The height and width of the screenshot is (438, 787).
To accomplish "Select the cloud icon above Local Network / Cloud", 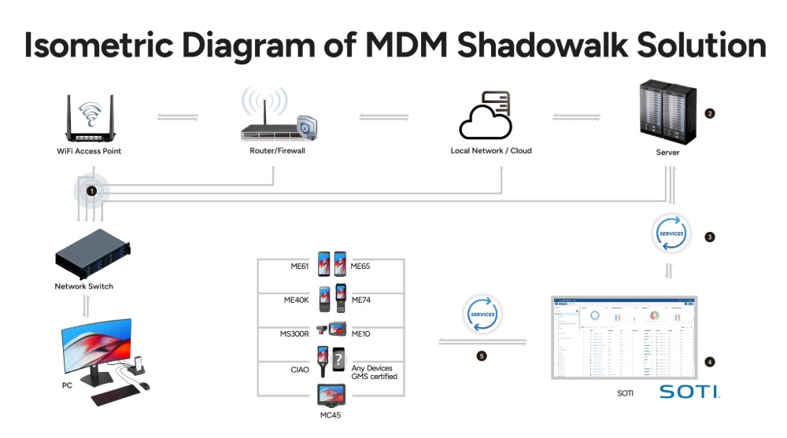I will coord(486,116).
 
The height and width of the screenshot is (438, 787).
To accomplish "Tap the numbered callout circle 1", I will coord(92,191).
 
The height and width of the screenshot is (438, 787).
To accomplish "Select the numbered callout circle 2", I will coord(710,113).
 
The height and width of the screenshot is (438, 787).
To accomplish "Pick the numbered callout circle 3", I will coord(710,237).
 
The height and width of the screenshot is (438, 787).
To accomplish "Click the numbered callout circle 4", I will coord(710,363).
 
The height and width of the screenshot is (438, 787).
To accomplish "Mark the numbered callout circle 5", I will coord(482,356).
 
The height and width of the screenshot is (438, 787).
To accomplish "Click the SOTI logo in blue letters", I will coord(689,391).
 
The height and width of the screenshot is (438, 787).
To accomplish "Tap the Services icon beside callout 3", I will coord(671,234).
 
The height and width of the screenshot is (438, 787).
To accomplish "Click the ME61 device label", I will coord(300,267).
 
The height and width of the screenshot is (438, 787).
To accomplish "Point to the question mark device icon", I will coord(338,361).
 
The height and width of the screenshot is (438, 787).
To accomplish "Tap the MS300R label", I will coord(295,334).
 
